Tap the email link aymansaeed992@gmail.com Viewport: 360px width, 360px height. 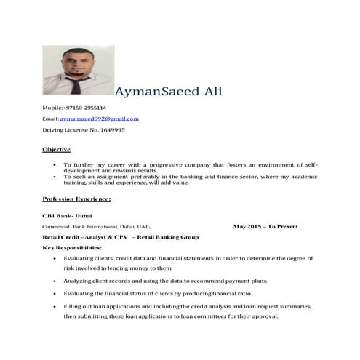pyautogui.click(x=99, y=118)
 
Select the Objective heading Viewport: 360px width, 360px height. pyautogui.click(x=56, y=149)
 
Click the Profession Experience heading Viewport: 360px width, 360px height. pyautogui.click(x=76, y=198)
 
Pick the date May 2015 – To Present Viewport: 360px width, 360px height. pyautogui.click(x=265, y=226)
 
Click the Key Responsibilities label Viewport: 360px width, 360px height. pyautogui.click(x=71, y=248)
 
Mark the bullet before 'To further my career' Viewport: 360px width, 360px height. pyautogui.click(x=56, y=165)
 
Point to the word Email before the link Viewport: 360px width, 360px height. pyautogui.click(x=50, y=118)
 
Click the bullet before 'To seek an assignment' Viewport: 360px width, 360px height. pyautogui.click(x=56, y=177)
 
